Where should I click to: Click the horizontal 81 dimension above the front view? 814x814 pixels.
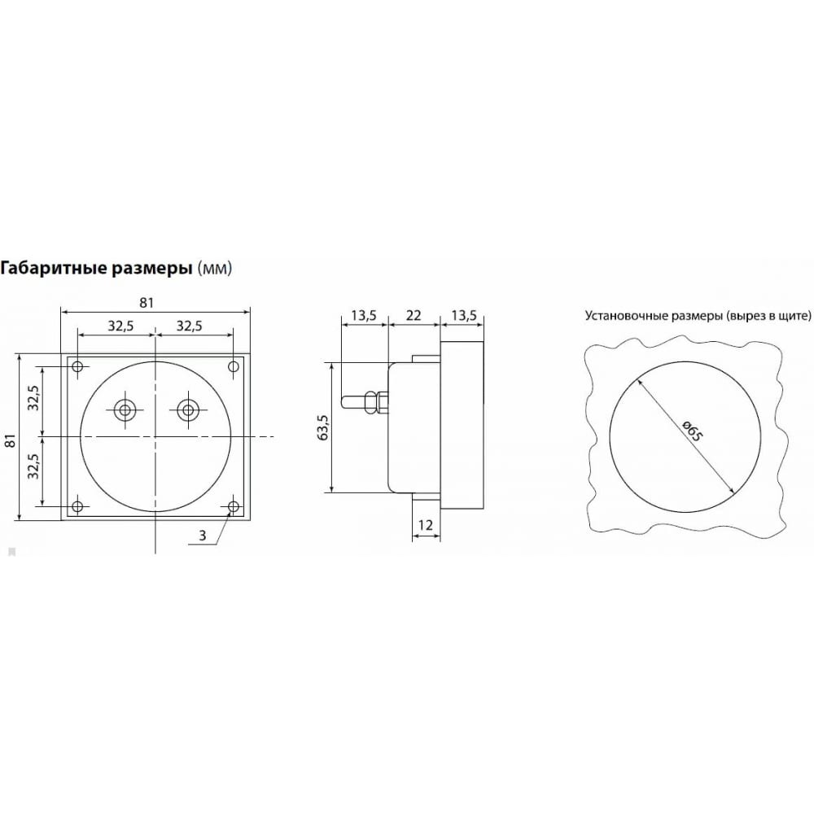tap(147, 303)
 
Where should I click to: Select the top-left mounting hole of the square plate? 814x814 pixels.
tap(77, 367)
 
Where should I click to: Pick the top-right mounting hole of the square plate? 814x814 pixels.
tap(234, 367)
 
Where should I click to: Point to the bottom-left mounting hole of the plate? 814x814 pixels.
tap(77, 506)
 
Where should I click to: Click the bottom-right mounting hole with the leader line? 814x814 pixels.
tap(234, 506)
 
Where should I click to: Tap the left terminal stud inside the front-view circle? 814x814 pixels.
tap(125, 410)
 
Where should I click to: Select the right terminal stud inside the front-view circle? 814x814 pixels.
tap(188, 410)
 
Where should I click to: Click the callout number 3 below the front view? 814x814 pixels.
tap(203, 536)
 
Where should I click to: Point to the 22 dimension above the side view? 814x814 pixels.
tap(414, 315)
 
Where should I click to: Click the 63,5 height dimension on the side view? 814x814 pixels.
tap(323, 428)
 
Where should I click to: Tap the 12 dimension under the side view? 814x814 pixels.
tap(425, 525)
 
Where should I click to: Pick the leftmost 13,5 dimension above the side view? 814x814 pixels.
tap(363, 315)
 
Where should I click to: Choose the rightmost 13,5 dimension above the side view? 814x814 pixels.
tap(464, 315)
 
